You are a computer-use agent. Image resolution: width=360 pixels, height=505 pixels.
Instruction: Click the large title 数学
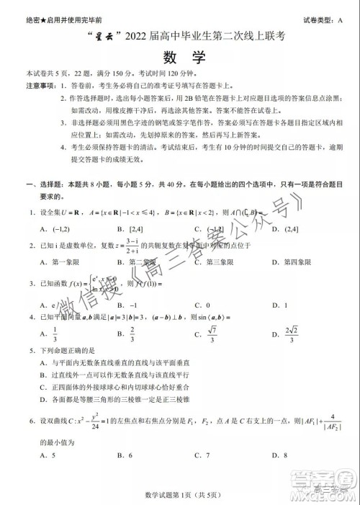click(x=179, y=55)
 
